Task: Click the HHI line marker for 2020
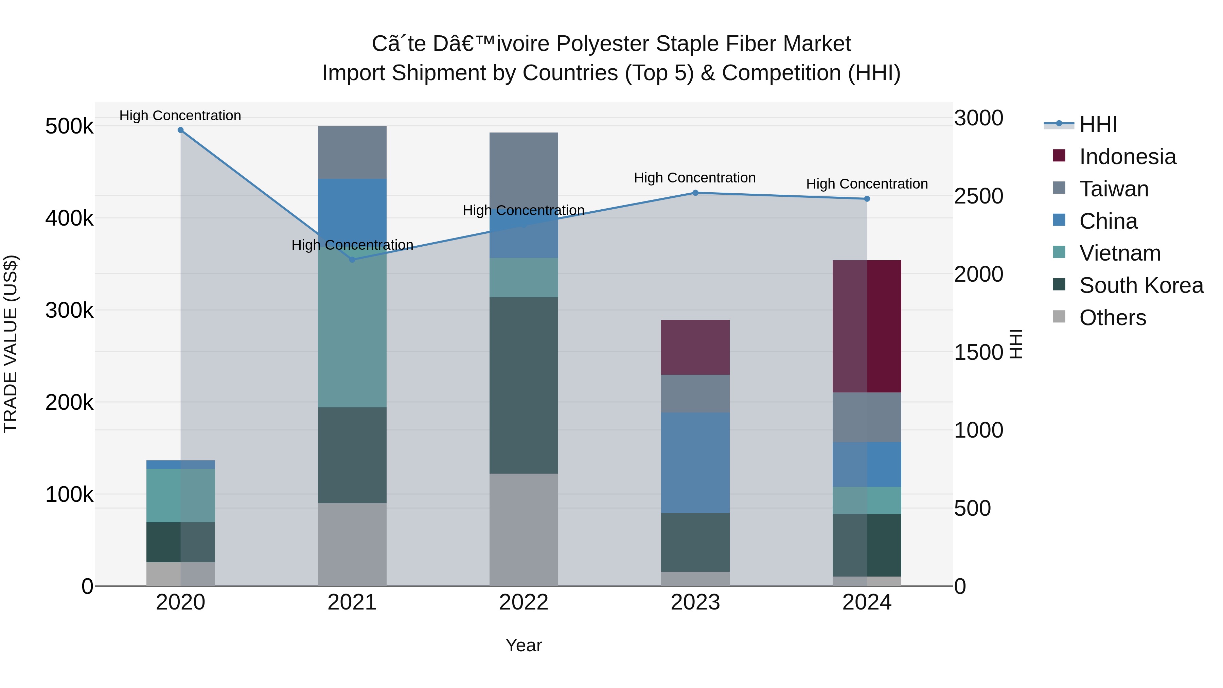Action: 180,130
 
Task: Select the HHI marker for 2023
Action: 695,193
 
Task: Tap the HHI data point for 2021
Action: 352,260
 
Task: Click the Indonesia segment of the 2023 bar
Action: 695,347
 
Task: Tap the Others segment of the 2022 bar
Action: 524,529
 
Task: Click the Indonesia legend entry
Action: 1127,157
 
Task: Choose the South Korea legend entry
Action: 1141,285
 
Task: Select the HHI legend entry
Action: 1098,124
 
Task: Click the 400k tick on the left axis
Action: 69,218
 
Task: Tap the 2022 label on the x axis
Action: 524,602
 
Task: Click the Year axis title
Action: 524,645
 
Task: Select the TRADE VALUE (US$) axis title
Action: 11,344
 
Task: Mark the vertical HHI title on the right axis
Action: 1015,344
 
